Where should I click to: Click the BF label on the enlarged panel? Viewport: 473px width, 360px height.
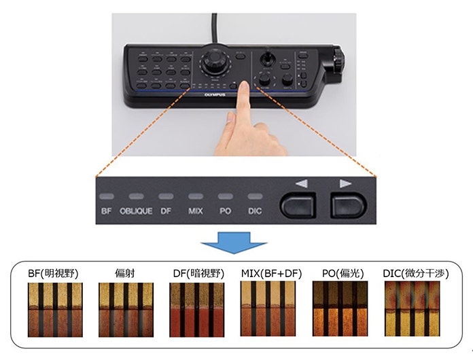tap(107, 211)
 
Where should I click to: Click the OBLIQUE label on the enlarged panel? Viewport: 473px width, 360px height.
tap(136, 211)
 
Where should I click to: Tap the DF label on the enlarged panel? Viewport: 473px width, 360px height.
tap(166, 211)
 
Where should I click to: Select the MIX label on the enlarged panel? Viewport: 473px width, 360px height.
tap(196, 211)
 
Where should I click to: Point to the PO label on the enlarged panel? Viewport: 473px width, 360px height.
tap(226, 211)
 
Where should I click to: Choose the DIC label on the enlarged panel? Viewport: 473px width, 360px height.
tap(255, 211)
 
